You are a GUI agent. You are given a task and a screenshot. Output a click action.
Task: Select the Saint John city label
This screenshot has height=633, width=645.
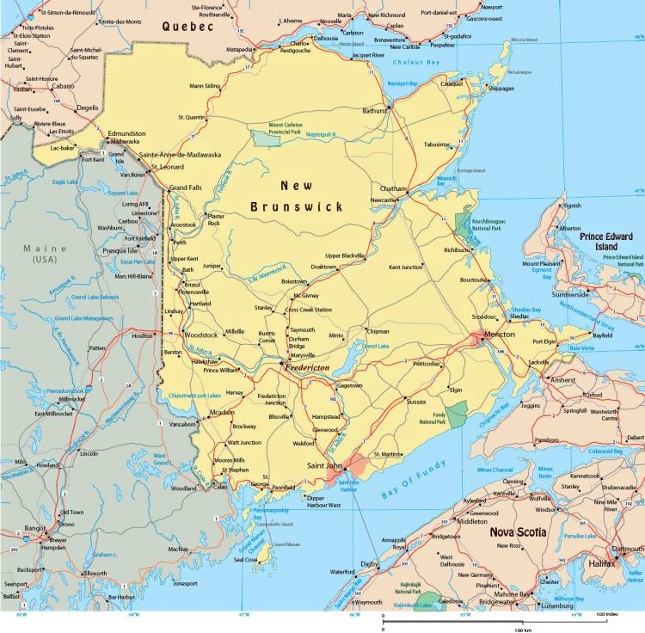click(325, 466)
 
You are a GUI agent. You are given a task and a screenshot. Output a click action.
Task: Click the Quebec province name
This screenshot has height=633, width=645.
click(187, 27)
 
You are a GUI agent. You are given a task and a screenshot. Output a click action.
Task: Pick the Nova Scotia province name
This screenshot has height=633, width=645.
click(518, 532)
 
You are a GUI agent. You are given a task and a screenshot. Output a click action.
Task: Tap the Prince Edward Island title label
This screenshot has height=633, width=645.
click(611, 242)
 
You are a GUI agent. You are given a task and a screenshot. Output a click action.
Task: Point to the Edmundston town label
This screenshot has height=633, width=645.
click(126, 133)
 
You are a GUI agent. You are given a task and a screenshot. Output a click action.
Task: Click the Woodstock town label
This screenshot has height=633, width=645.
click(202, 335)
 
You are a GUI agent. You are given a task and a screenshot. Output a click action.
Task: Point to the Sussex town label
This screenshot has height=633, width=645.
click(416, 402)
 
